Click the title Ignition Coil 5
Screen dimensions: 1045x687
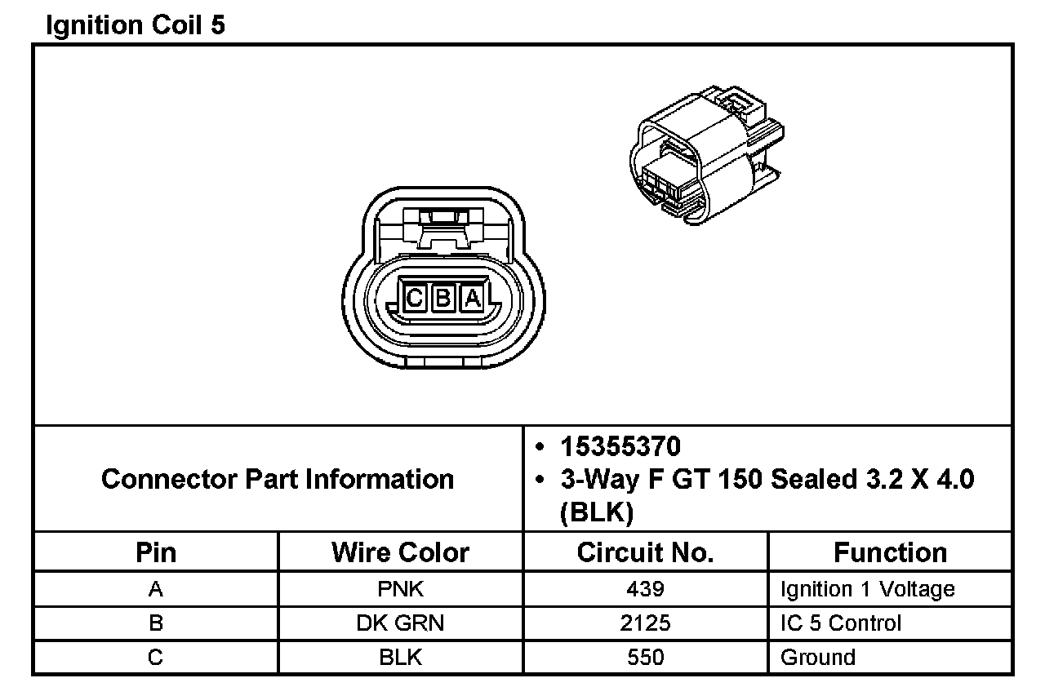(136, 25)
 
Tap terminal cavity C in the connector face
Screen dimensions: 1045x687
(414, 297)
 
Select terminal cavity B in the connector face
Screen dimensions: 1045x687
(443, 297)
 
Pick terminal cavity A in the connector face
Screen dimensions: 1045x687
(472, 297)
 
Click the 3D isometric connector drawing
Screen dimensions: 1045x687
(707, 155)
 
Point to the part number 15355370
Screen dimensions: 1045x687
(620, 446)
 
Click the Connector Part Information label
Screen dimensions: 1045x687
(278, 479)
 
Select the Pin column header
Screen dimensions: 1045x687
(156, 552)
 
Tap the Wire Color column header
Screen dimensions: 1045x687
(400, 552)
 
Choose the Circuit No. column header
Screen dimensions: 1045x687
(645, 552)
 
